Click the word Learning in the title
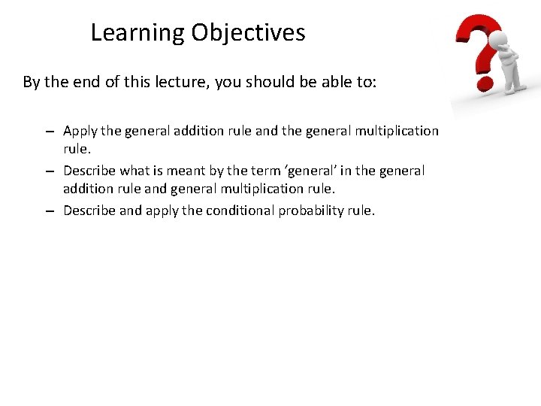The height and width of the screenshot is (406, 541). (x=138, y=33)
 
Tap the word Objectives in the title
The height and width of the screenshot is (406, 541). (x=248, y=33)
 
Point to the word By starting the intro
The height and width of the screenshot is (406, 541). (x=32, y=82)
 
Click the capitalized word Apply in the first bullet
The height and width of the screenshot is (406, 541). (x=80, y=131)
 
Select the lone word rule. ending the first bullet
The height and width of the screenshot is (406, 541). (x=77, y=147)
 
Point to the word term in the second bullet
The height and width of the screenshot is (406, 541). (x=277, y=171)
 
